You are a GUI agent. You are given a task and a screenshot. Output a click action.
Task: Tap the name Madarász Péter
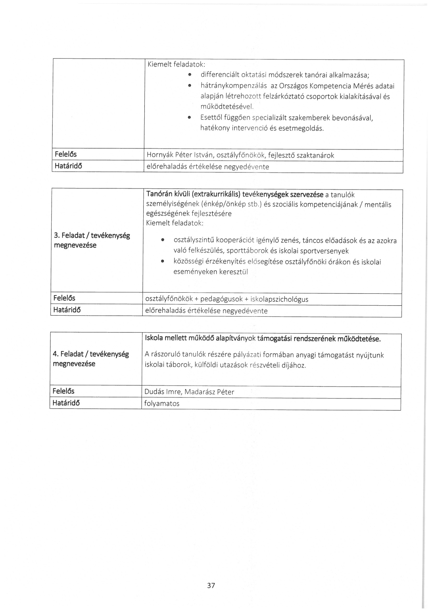[x=209, y=392]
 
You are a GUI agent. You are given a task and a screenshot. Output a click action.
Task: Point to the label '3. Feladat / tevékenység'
[x=92, y=235]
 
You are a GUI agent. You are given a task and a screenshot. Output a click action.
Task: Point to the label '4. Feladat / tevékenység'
[x=91, y=354]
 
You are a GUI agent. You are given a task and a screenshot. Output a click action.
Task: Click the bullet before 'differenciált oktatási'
[x=189, y=75]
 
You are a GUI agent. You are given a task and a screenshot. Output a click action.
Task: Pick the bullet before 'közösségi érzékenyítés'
[x=163, y=262]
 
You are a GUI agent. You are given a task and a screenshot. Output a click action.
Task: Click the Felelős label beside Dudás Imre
[x=64, y=391]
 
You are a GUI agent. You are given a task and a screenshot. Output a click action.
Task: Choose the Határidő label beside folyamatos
[x=66, y=403]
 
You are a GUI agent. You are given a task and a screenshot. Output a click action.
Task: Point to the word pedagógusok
[x=221, y=300]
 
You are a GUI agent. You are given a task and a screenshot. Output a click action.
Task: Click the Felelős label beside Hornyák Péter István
[x=65, y=154]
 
